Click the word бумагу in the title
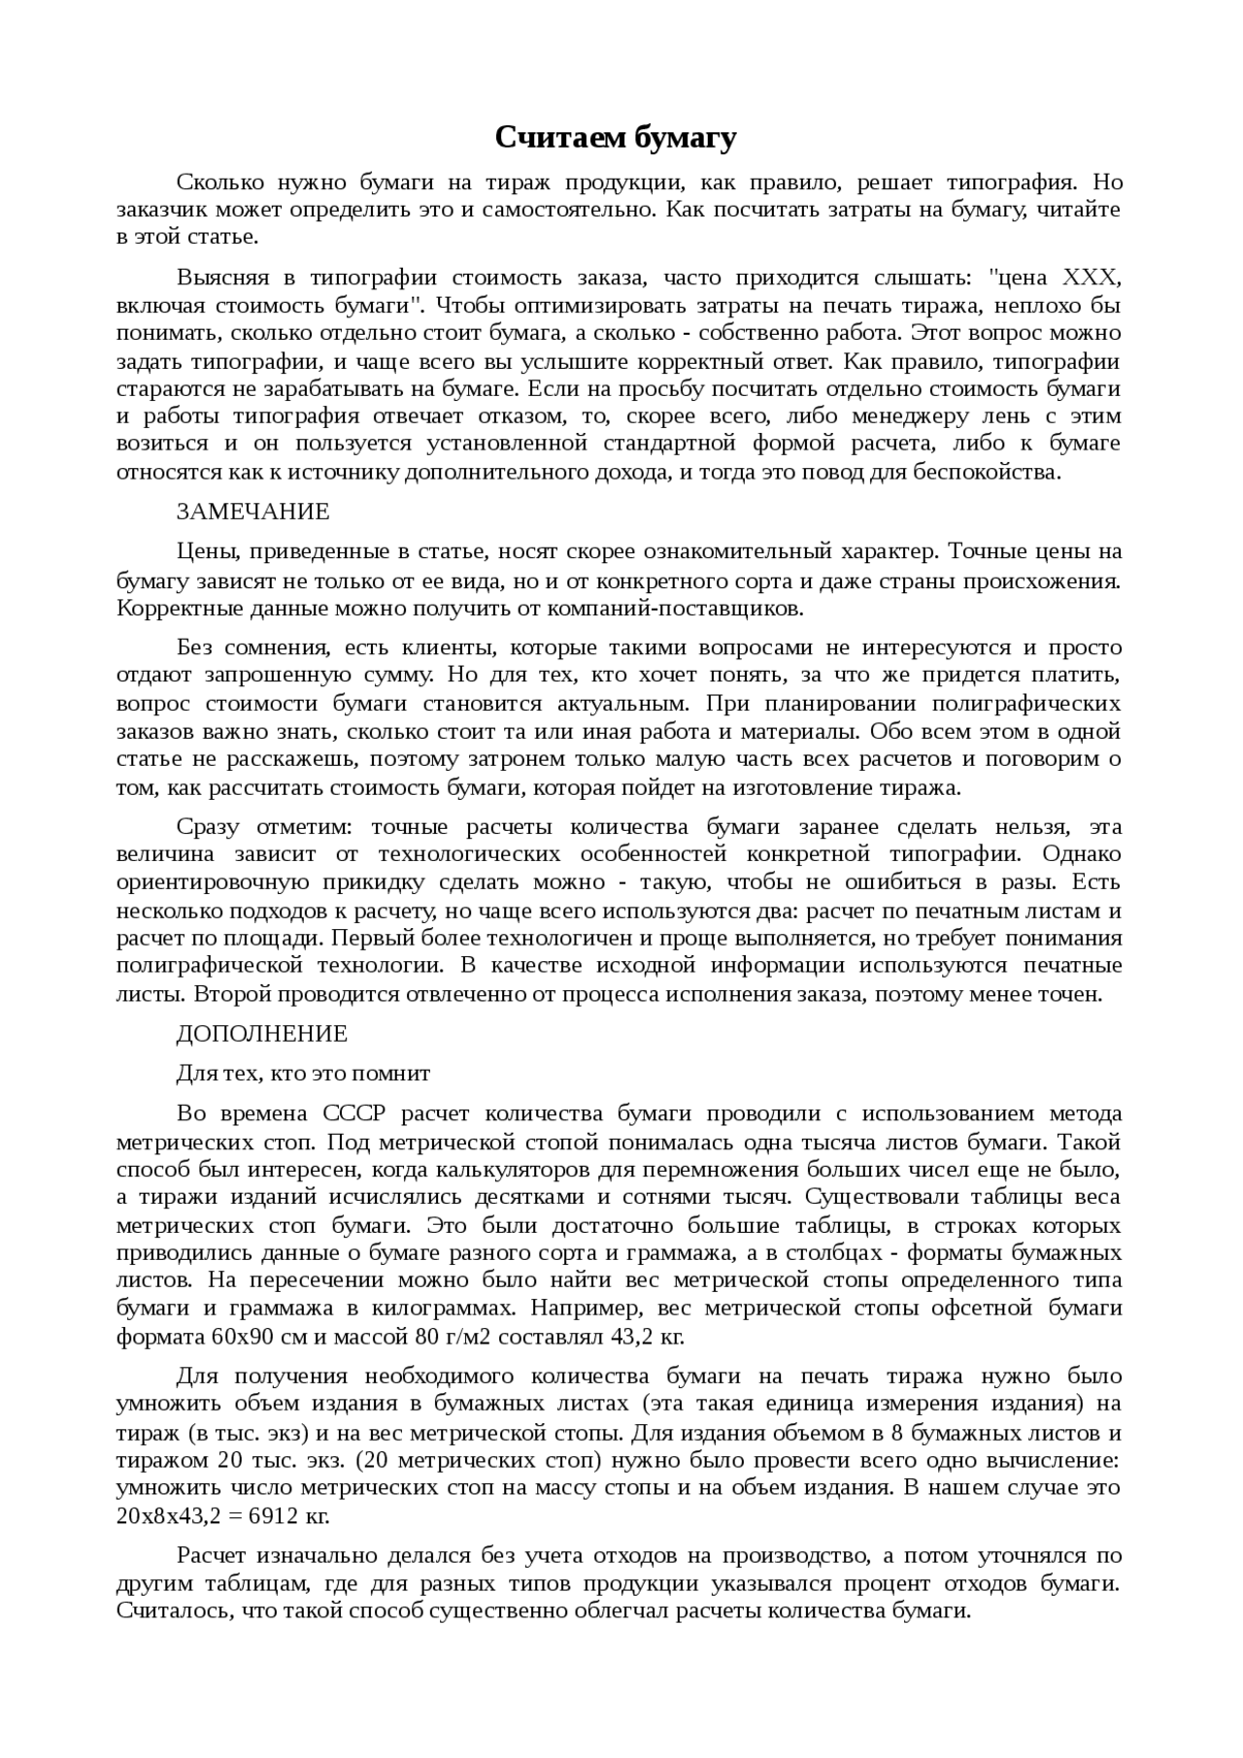pyautogui.click(x=686, y=138)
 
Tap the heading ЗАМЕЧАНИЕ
pyautogui.click(x=252, y=512)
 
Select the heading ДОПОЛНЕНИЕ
pyautogui.click(x=261, y=1034)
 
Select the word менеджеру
pyautogui.click(x=911, y=416)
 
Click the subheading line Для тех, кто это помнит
pyautogui.click(x=303, y=1074)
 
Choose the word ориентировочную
pyautogui.click(x=213, y=882)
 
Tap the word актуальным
pyautogui.click(x=623, y=703)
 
